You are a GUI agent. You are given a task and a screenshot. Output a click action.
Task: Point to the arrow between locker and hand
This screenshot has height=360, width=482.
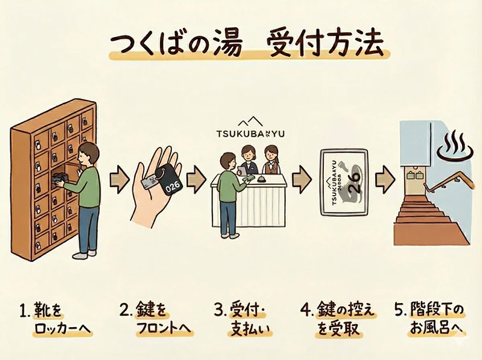(x=119, y=180)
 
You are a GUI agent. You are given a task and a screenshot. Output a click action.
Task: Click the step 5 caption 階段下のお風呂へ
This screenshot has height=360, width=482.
(x=431, y=321)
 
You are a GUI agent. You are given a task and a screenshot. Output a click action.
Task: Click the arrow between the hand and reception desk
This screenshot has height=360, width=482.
(x=196, y=180)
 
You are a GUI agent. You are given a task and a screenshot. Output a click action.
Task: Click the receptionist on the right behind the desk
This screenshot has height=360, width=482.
(x=272, y=159)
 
